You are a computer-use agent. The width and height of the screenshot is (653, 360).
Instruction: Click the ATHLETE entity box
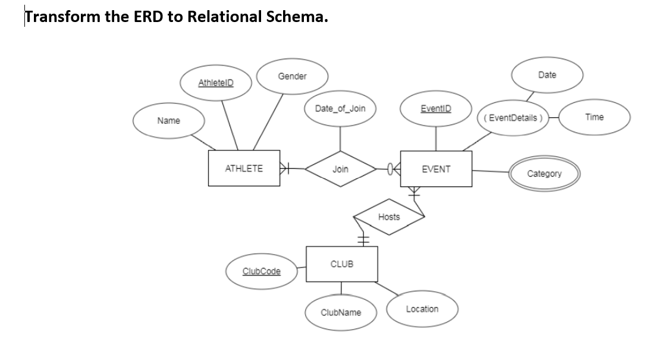click(244, 169)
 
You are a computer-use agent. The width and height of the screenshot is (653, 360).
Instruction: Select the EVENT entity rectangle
click(436, 169)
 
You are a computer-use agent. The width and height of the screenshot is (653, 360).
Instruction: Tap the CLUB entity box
click(341, 264)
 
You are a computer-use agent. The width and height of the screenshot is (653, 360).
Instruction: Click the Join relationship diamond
click(340, 169)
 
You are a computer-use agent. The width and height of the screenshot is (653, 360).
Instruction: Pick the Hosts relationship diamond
click(389, 217)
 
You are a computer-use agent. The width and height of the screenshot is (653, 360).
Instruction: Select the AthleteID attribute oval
click(216, 83)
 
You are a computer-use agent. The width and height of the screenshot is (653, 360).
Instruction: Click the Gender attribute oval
click(292, 76)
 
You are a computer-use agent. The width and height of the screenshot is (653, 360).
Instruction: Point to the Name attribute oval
click(168, 121)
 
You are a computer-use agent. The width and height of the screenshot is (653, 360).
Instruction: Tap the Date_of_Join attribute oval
click(340, 108)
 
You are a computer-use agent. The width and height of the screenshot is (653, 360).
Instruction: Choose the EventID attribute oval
click(436, 108)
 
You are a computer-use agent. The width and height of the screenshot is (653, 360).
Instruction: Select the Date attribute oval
click(547, 75)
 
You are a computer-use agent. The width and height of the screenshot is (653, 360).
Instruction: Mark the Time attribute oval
click(594, 117)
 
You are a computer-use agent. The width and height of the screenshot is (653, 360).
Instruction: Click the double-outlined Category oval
click(544, 173)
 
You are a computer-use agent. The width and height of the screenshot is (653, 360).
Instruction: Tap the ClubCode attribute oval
click(262, 271)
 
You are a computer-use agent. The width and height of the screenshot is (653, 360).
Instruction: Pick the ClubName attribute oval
click(340, 312)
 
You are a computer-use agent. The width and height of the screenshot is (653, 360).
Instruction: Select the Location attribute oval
click(422, 309)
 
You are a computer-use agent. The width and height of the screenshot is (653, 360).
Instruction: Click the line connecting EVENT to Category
click(490, 171)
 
